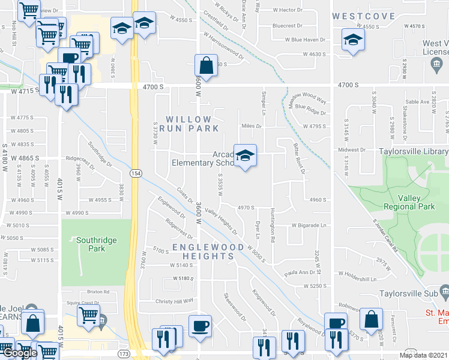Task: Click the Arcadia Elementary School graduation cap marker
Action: click(245, 156)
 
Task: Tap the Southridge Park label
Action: click(96, 244)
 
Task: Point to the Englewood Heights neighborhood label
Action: click(202, 251)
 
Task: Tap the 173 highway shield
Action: click(124, 354)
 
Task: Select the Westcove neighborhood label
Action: click(364, 16)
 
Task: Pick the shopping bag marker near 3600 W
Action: click(206, 67)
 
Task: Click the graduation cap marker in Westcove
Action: click(353, 41)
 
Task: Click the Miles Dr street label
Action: click(252, 126)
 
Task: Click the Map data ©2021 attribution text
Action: click(423, 355)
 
